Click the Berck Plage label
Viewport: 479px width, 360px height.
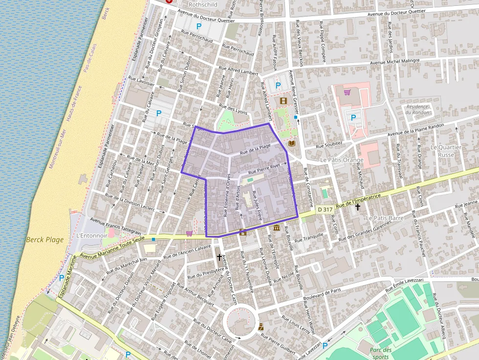click(x=45, y=239)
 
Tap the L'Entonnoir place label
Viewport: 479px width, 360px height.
click(x=91, y=235)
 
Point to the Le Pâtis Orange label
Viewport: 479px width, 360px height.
click(x=342, y=160)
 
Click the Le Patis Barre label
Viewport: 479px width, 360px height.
click(x=384, y=218)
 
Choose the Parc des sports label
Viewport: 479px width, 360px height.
click(x=380, y=353)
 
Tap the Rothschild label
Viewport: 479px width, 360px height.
click(x=202, y=4)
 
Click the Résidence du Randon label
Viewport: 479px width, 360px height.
click(x=417, y=109)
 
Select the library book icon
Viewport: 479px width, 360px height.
click(x=292, y=144)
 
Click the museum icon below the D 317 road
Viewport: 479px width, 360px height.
click(x=277, y=228)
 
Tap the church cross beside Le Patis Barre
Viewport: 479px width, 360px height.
click(x=358, y=207)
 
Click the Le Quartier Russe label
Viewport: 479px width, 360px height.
click(x=445, y=151)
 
